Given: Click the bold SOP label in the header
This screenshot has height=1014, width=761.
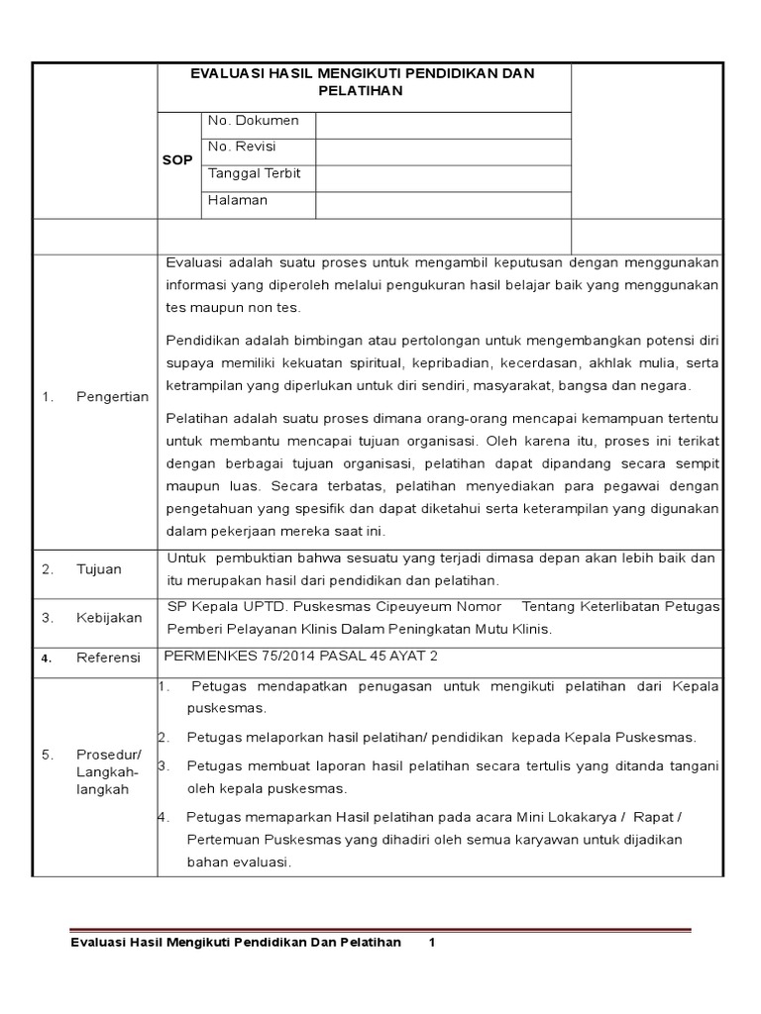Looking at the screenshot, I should point(177,160).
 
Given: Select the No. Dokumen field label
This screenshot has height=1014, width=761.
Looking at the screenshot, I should point(253,121).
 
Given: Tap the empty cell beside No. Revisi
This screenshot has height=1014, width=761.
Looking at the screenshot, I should point(443,152).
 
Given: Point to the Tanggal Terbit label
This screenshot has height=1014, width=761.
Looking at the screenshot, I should point(254,173).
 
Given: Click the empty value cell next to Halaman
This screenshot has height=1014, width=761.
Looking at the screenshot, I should point(443,204).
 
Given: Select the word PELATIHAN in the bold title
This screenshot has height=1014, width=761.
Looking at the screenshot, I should point(365,91).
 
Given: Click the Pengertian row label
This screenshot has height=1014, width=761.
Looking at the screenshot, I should point(112,397).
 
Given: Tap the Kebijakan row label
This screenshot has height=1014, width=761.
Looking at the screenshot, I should point(109,618).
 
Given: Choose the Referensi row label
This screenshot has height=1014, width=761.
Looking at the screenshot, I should point(109,659).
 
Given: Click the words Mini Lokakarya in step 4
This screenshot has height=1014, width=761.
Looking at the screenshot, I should point(565,817).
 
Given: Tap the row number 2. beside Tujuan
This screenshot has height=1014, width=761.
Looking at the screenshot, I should point(47,569).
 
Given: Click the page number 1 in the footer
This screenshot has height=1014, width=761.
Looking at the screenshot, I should point(432,943).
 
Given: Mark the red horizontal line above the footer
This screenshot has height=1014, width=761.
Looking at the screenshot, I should point(380,930).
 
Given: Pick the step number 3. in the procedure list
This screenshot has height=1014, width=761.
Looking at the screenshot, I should point(164,765).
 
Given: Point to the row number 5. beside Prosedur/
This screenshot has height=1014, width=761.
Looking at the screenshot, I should point(47,755).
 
